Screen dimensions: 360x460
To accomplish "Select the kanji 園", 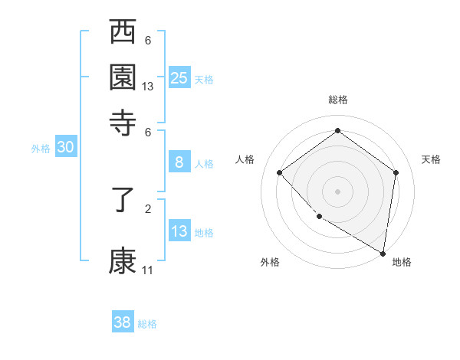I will [123, 76].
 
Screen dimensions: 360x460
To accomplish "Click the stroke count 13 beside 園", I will [148, 87].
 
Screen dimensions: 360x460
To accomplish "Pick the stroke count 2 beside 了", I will [148, 208].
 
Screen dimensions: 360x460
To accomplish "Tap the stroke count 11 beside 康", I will [148, 270].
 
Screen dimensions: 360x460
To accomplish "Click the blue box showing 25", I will [179, 77].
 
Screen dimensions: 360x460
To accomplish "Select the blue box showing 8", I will [179, 162].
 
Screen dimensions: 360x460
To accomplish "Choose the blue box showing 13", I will [179, 231].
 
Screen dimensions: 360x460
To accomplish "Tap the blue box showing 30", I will [65, 148].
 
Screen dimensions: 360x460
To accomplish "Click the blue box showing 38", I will [123, 322].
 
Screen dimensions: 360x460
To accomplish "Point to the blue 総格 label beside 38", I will [148, 324].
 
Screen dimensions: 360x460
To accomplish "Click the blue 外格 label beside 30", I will [41, 149].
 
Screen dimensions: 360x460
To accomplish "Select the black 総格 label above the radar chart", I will [338, 100].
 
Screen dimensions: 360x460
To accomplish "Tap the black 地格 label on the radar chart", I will [402, 263].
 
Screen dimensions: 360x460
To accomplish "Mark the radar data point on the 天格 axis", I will [396, 172].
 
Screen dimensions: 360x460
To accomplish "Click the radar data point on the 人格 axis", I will [280, 172].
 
